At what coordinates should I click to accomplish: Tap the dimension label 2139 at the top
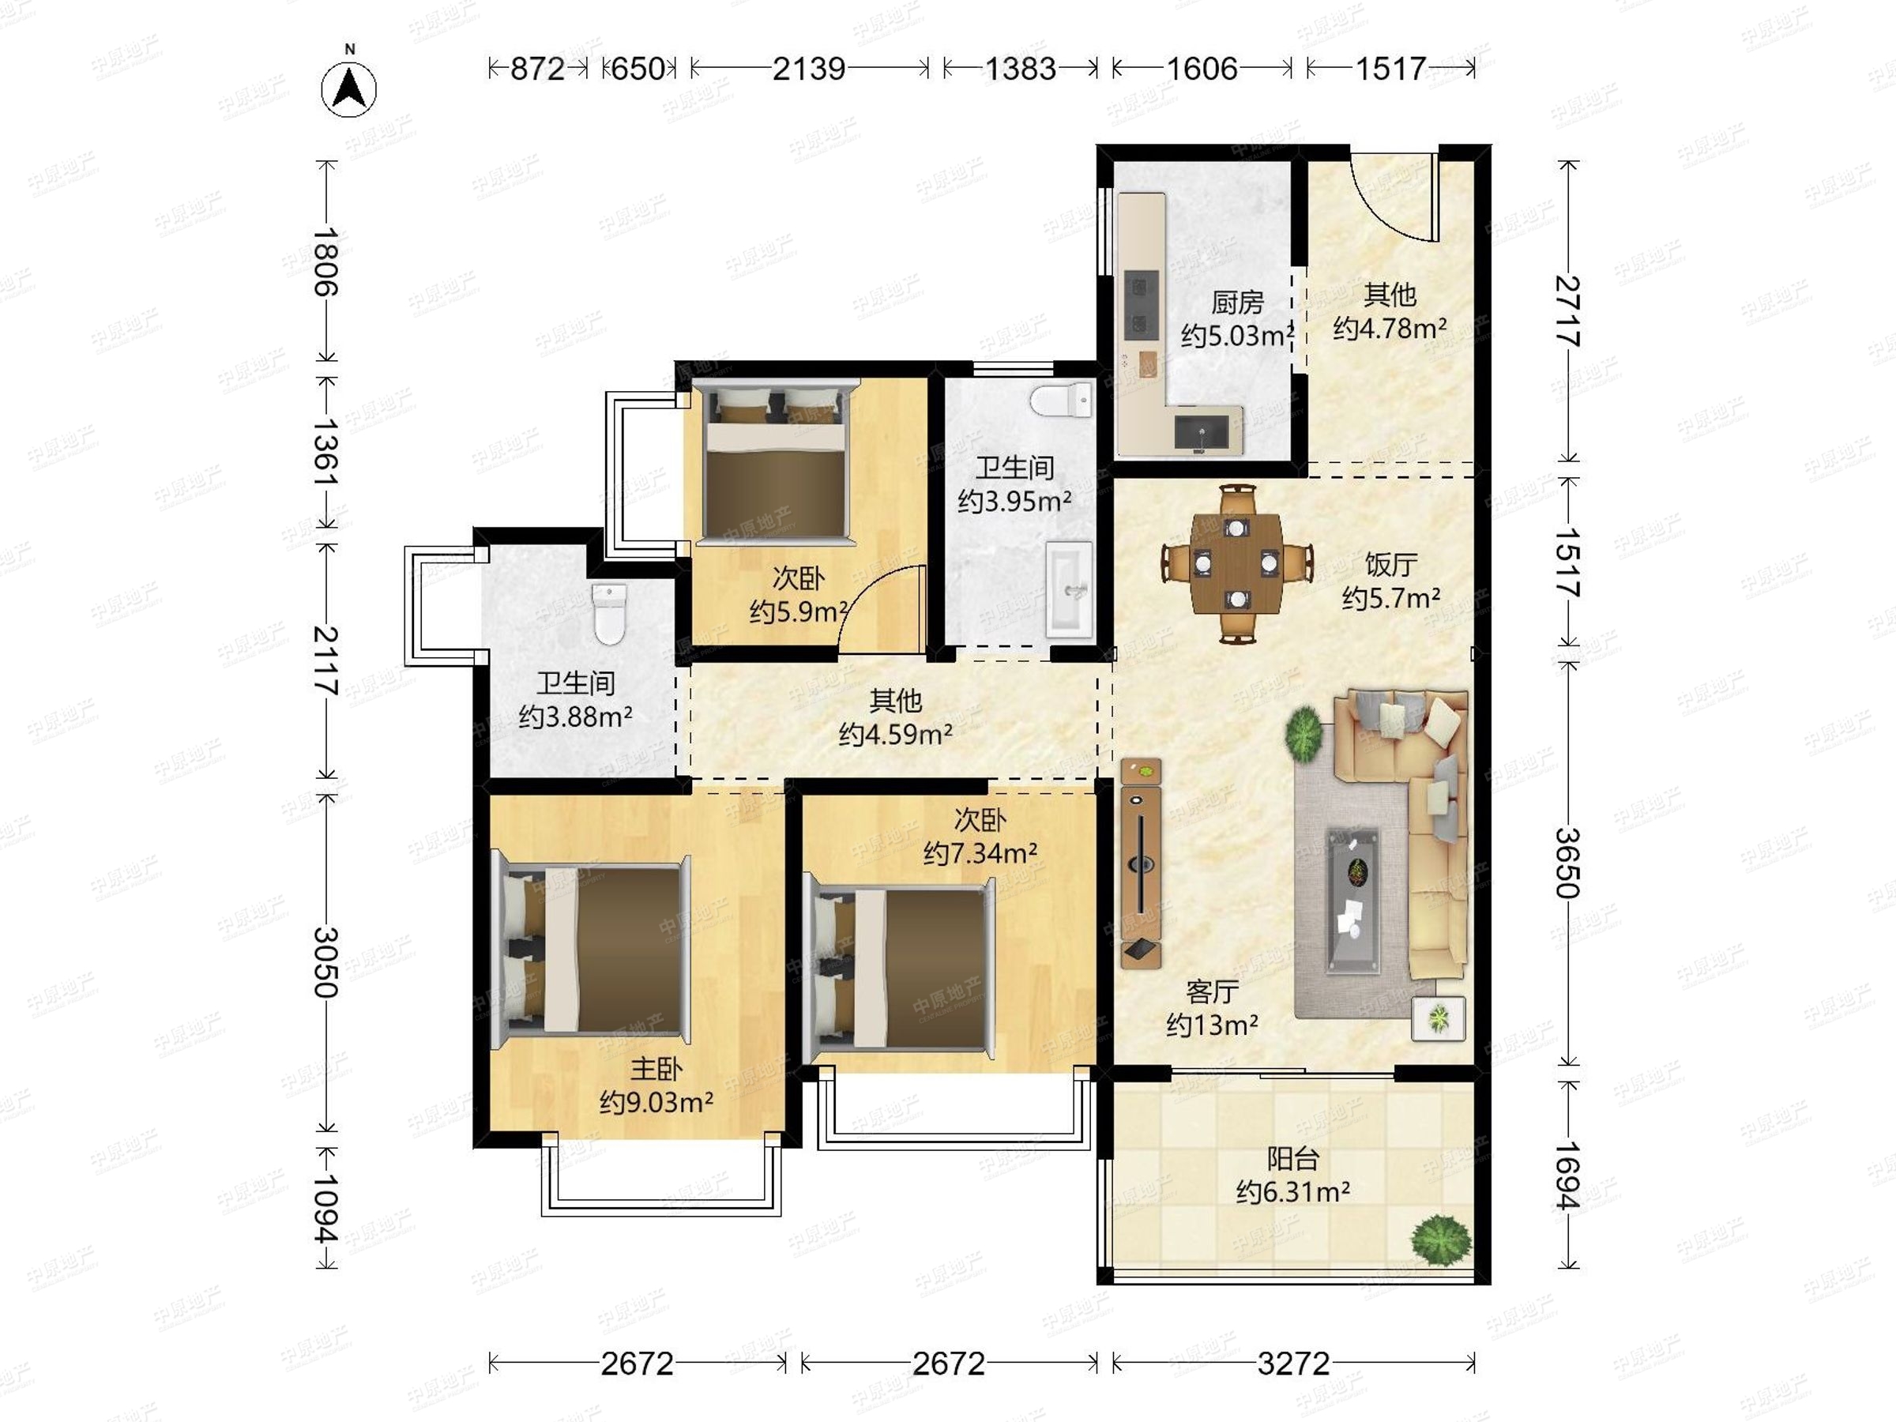(808, 69)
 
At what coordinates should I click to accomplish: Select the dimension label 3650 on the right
(1567, 861)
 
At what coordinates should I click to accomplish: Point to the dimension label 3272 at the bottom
(1293, 1363)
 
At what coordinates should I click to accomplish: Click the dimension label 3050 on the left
(325, 961)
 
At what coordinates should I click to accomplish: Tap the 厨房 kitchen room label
(1237, 303)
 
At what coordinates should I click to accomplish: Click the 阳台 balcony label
(1292, 1160)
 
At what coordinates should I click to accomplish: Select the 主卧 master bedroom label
(656, 1069)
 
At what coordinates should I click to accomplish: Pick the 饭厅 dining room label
(1390, 564)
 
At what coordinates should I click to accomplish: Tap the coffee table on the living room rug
(1353, 900)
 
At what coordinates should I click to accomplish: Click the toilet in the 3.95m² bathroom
(1062, 401)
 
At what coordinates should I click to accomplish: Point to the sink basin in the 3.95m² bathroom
(1070, 589)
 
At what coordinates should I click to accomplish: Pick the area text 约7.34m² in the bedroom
(980, 854)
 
